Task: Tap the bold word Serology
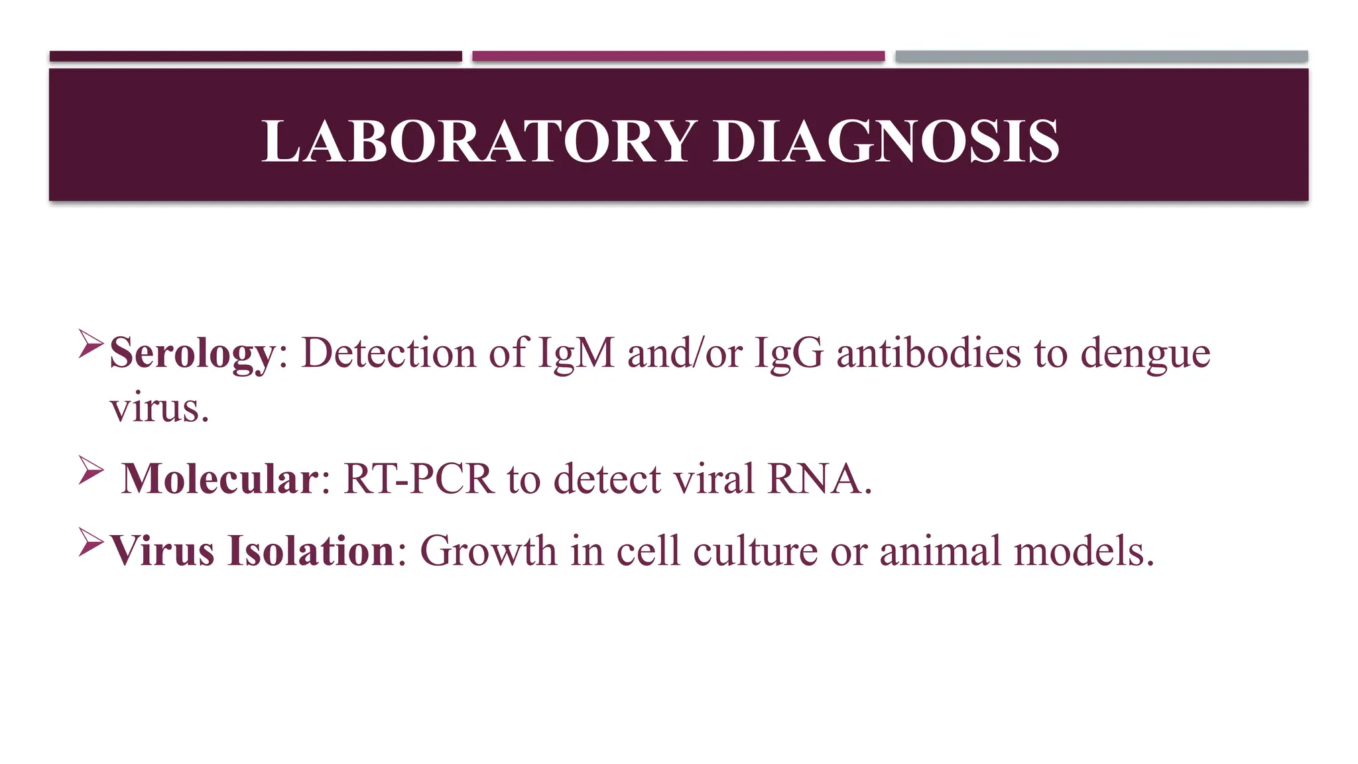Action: [192, 353]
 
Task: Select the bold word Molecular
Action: [220, 479]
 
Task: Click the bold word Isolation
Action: [311, 551]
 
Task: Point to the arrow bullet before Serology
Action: [90, 344]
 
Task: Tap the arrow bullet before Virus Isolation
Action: [90, 542]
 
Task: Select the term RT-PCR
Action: [419, 479]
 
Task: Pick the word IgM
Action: [576, 353]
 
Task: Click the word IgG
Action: [789, 353]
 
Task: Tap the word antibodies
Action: [928, 352]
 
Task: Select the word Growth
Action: [488, 551]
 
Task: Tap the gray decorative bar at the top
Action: [1101, 56]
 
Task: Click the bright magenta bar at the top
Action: [678, 56]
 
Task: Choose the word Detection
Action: [389, 352]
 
